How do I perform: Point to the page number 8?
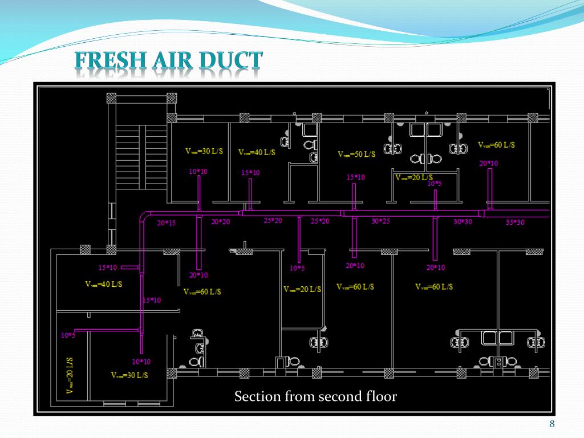tap(551, 423)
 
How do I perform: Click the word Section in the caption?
tap(256, 396)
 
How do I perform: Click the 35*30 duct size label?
tap(514, 222)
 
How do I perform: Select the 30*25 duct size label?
tap(380, 221)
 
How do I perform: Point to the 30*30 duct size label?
tap(463, 222)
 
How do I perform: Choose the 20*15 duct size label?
tap(167, 223)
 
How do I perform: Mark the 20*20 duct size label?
tap(220, 222)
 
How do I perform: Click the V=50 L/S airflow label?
tap(356, 155)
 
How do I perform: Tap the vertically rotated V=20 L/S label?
tap(70, 375)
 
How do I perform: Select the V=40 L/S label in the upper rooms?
tap(256, 152)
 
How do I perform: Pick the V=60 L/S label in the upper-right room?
tap(496, 145)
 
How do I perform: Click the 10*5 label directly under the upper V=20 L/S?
tap(434, 184)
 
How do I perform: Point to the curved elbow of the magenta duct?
tap(144, 216)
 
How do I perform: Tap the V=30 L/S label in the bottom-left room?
tap(129, 375)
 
